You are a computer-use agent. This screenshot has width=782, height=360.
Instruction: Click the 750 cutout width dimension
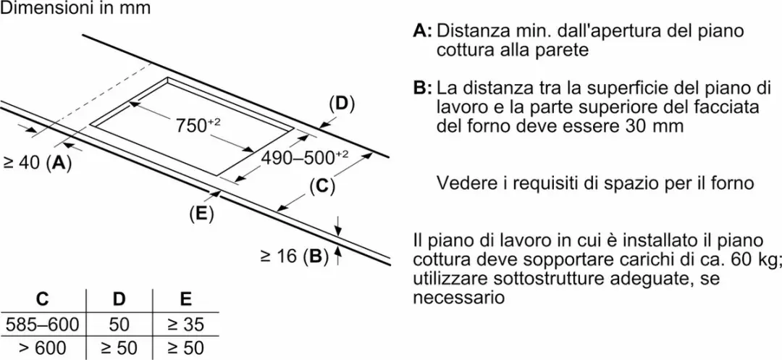(x=198, y=125)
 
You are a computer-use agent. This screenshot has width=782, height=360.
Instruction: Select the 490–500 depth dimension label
(x=305, y=158)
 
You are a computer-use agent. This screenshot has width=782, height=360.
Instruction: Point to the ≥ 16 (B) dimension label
(x=294, y=256)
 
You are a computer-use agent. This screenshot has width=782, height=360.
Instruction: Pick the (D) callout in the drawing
(x=342, y=104)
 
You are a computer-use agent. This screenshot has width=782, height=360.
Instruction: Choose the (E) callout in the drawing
(x=201, y=214)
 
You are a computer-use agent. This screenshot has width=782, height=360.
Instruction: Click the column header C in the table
(x=43, y=299)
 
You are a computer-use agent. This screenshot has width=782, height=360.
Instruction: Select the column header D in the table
(x=119, y=299)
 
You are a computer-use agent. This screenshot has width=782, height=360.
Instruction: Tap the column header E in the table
(x=185, y=299)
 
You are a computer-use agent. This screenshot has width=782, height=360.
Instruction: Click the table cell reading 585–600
(x=42, y=325)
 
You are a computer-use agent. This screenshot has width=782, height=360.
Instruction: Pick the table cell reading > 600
(x=42, y=348)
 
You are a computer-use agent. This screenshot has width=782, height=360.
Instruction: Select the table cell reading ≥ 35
(x=185, y=325)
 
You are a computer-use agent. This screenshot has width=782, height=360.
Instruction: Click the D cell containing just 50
(x=119, y=325)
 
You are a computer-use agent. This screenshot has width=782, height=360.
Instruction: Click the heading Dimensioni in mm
(x=75, y=9)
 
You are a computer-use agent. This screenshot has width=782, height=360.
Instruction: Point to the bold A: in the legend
(x=423, y=31)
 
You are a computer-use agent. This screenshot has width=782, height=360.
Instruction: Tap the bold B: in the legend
(x=423, y=89)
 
